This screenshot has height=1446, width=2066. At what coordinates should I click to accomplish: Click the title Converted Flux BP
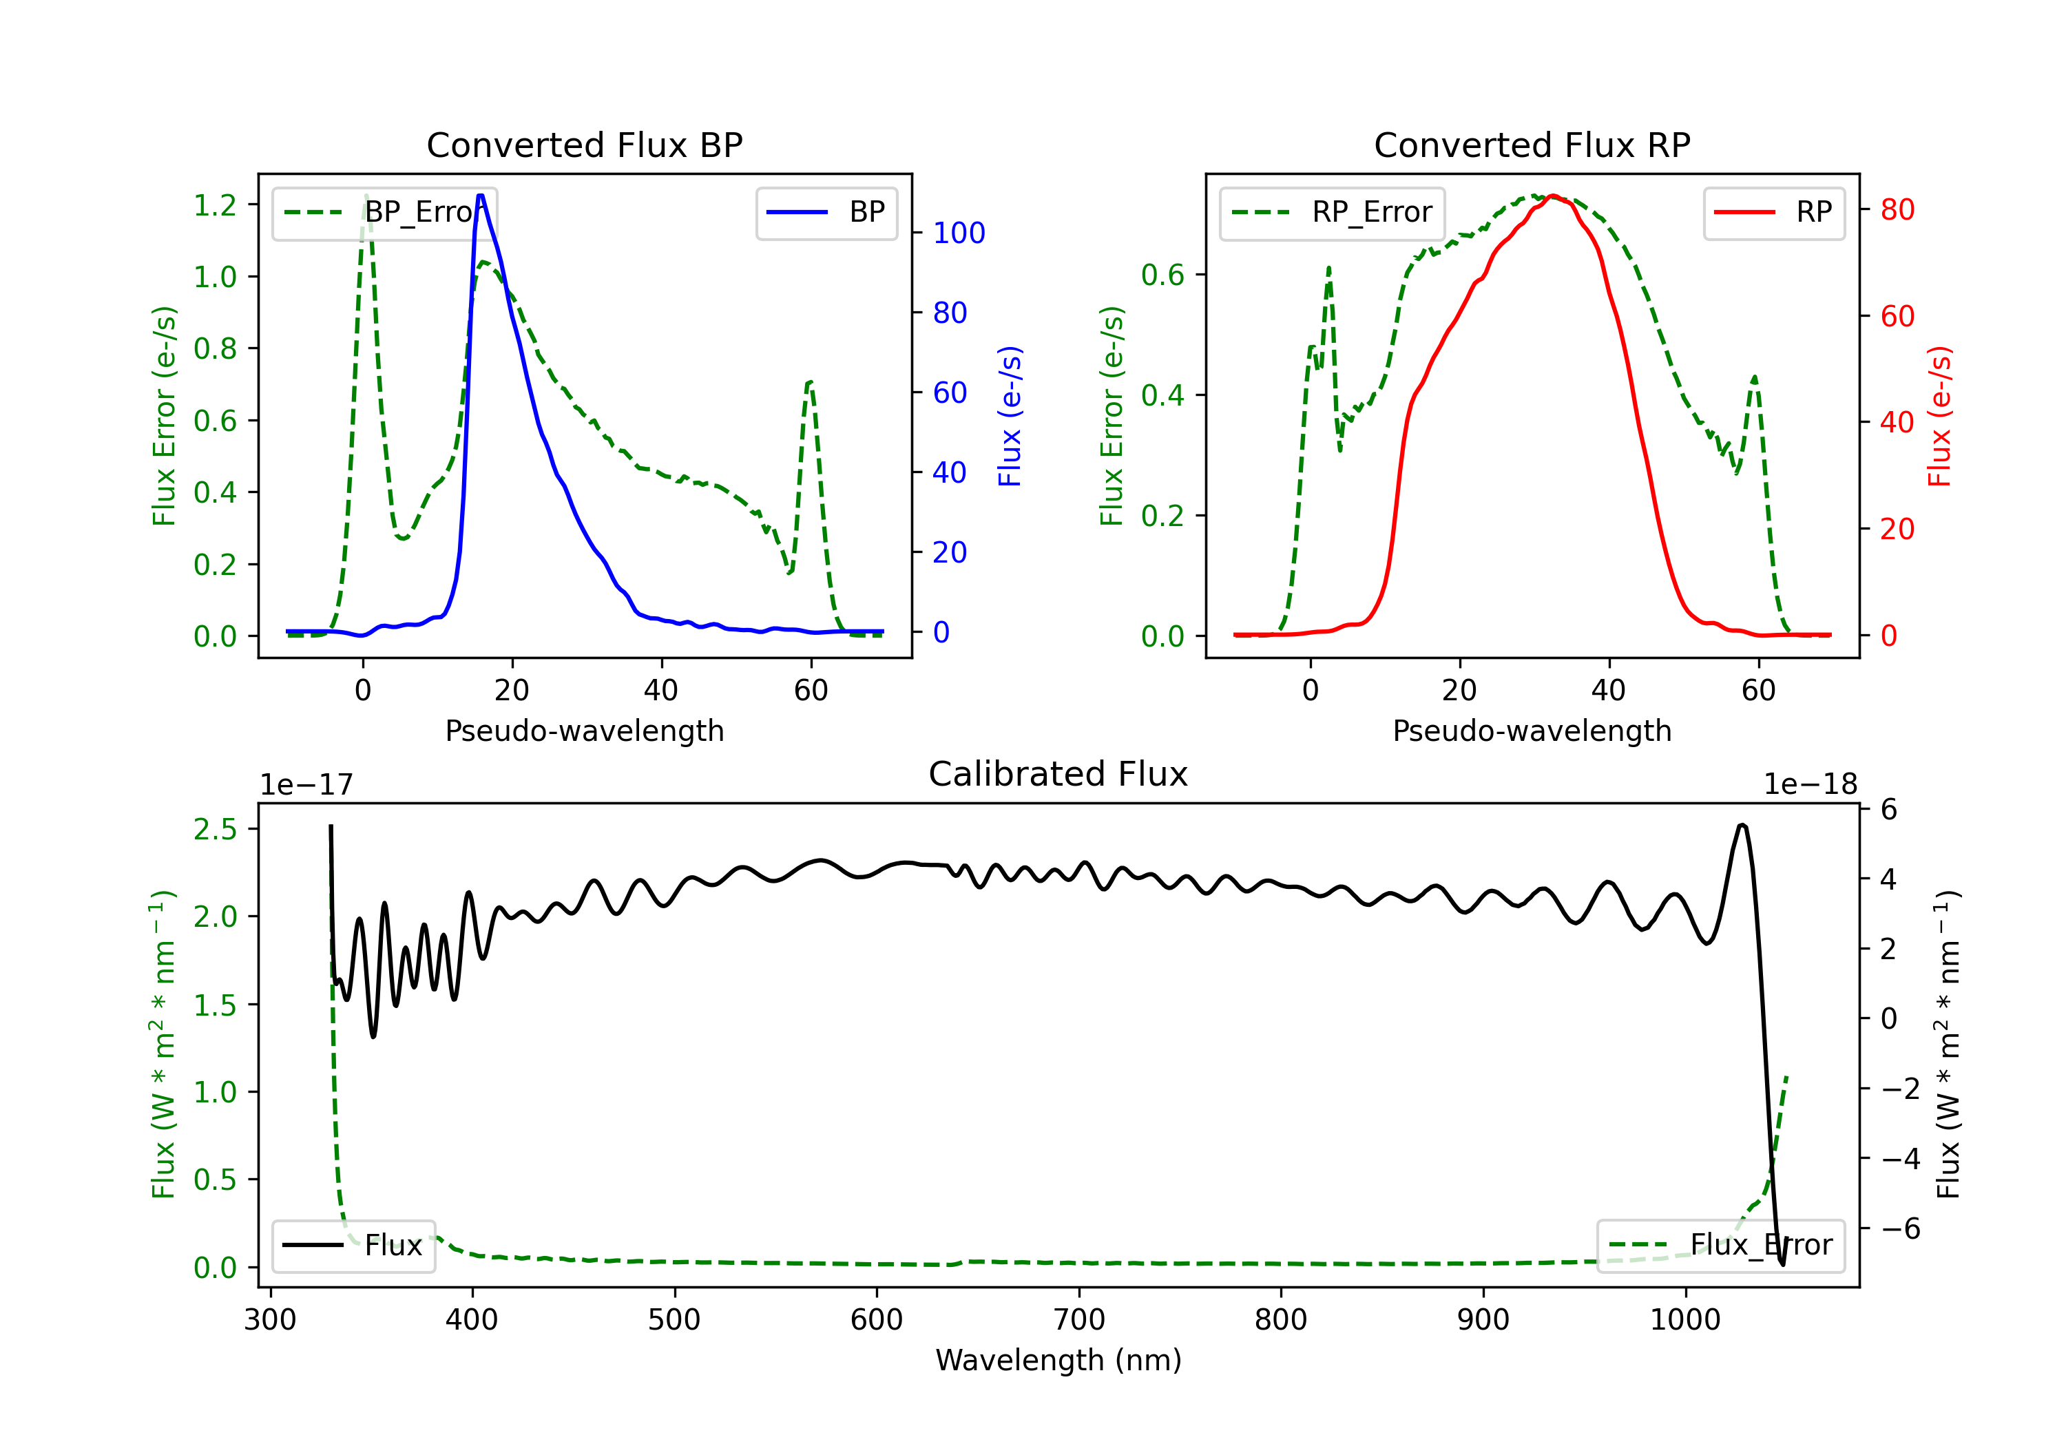pos(584,145)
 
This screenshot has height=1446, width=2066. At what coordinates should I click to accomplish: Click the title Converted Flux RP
pos(1532,145)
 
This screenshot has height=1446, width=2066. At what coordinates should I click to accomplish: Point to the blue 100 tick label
pos(959,233)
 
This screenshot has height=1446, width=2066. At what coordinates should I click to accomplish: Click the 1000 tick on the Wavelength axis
pos(1684,1320)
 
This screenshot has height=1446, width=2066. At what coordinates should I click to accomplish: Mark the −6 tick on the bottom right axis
pos(1901,1229)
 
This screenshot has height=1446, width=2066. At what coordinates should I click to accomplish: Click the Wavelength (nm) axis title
pos(1058,1360)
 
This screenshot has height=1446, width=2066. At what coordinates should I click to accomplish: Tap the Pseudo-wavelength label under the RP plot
pos(1532,731)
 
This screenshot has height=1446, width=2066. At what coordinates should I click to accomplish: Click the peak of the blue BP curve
pos(481,196)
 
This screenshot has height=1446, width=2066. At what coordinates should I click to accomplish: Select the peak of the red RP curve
pos(1554,196)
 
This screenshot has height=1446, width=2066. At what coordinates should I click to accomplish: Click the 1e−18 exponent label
pos(1810,785)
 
